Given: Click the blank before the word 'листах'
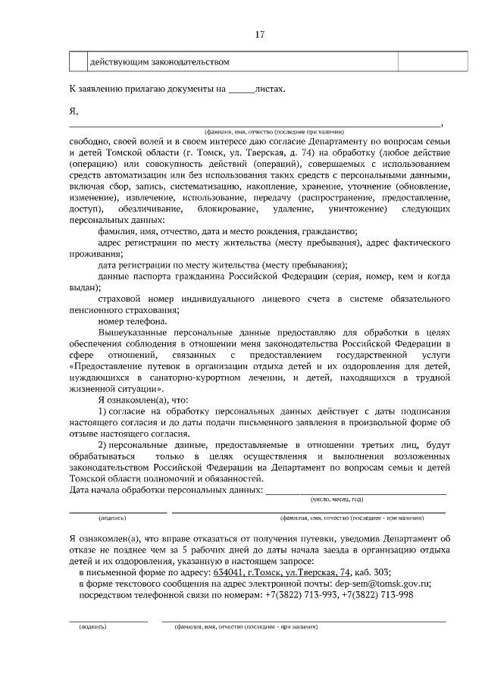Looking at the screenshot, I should point(242,89).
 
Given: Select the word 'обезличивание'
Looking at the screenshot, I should point(149,208).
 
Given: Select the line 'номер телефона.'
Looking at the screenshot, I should point(133,321).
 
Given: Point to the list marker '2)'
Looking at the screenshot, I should point(105,444).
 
